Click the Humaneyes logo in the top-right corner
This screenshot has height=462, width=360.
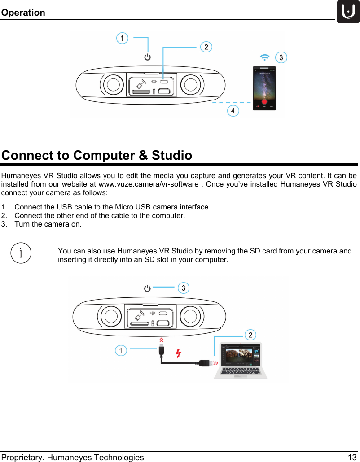pos(348,12)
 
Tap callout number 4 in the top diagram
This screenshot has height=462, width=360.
pos(233,110)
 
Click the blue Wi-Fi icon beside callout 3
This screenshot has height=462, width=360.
pos(265,57)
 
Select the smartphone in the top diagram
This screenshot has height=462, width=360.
pos(264,88)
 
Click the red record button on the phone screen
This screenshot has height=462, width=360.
pos(264,101)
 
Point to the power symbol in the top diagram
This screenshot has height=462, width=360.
pos(147,57)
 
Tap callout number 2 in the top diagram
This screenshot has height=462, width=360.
pos(206,47)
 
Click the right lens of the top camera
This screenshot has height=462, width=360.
pos(190,84)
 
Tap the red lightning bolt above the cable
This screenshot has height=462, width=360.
pos(178,353)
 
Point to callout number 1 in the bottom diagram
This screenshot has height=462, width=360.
pos(120,350)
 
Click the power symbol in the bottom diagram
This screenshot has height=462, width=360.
pos(147,288)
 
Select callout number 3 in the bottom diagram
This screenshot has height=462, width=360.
pos(183,288)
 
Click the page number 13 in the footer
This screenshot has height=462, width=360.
pos(352,457)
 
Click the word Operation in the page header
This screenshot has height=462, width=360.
pos(23,13)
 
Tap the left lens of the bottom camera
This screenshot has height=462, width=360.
pos(110,317)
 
